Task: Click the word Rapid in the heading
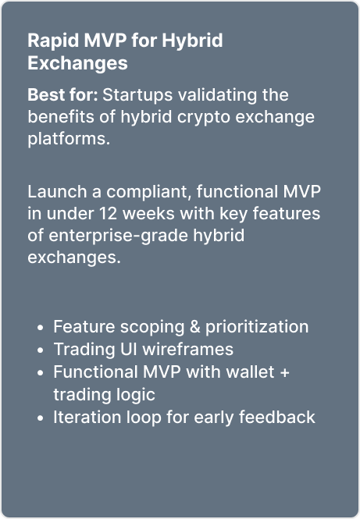[x=54, y=41]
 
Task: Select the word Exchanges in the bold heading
[x=77, y=63]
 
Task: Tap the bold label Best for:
[x=63, y=95]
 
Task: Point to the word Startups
[x=137, y=96]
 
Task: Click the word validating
[x=218, y=96]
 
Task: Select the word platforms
[x=69, y=139]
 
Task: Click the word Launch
[x=57, y=192]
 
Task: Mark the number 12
[x=109, y=214]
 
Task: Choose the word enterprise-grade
[x=118, y=236]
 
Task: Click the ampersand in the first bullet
[x=195, y=327]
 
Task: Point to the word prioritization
[x=257, y=328]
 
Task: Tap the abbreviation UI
[x=129, y=350]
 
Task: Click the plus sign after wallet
[x=284, y=373]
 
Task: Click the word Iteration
[x=87, y=418]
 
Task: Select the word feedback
[x=277, y=418]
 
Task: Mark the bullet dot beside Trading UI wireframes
[x=41, y=350]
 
